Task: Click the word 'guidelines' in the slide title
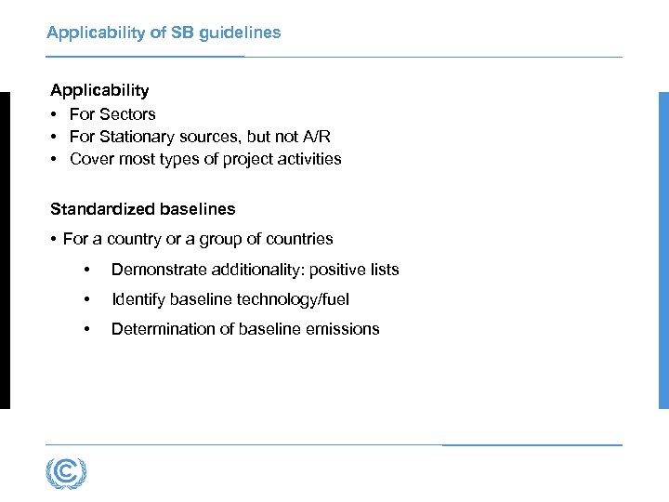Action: pyautogui.click(x=236, y=33)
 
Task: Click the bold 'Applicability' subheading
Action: pyautogui.click(x=99, y=90)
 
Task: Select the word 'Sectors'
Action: pyautogui.click(x=127, y=113)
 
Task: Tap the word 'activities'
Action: pyautogui.click(x=308, y=159)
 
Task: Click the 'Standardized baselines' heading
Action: pyautogui.click(x=143, y=209)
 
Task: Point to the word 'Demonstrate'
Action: pyautogui.click(x=154, y=270)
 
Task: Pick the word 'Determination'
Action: pyautogui.click(x=159, y=329)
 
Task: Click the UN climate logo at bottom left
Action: pyautogui.click(x=66, y=473)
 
